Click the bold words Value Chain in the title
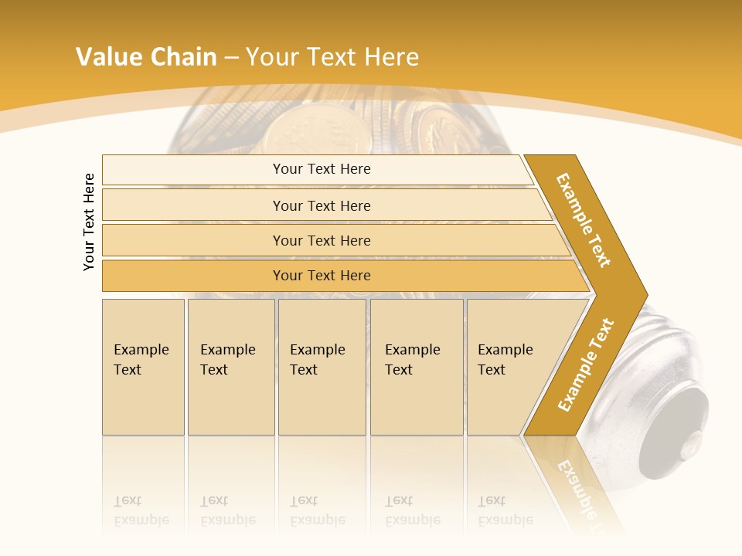[146, 57]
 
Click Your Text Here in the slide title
[332, 57]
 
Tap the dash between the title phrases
[231, 58]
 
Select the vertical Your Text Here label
[90, 222]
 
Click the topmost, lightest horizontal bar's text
[322, 169]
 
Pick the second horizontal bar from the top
[322, 205]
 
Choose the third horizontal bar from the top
[322, 240]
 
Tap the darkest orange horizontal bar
[322, 276]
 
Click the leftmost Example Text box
[142, 360]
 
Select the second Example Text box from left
[229, 360]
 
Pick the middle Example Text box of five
[320, 360]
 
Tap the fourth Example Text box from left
[415, 360]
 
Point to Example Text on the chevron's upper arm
[584, 219]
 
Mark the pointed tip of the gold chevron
[645, 295]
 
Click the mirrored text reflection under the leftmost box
[141, 510]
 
